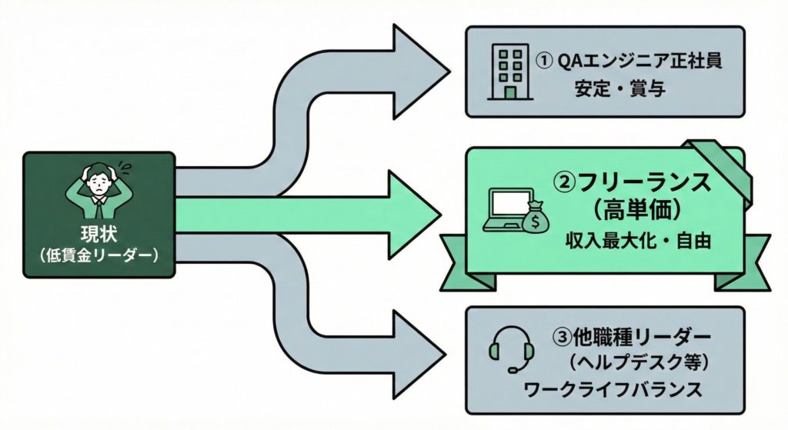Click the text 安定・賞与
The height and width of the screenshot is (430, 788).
point(619,89)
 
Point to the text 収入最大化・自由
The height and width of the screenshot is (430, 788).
point(636,241)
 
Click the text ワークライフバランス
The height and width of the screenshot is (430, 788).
point(613,388)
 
